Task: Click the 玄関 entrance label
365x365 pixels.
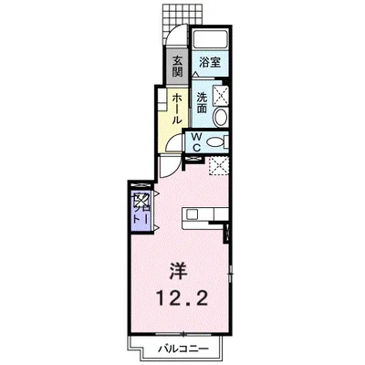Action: tap(177, 65)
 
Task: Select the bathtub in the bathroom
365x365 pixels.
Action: tap(209, 40)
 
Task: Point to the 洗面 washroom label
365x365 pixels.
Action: tap(200, 101)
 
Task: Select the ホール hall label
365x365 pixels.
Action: tap(175, 108)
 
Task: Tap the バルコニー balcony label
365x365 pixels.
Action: tap(186, 350)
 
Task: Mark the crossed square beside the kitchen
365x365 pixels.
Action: tap(218, 166)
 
